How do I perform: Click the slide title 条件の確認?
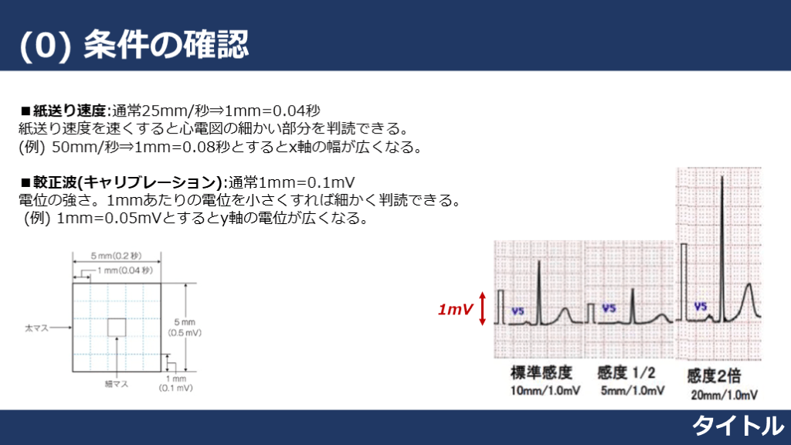point(166,44)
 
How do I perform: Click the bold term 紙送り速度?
point(70,110)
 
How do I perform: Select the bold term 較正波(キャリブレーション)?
point(127,182)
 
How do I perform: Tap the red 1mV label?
point(456,309)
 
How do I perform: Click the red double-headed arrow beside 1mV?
point(482,308)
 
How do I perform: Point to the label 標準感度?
point(541,373)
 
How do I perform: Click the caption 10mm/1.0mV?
point(545,391)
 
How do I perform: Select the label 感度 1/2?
point(626,373)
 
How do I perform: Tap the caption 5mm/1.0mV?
point(633,391)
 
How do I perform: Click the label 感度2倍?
point(714,376)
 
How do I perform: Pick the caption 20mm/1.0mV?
point(725,395)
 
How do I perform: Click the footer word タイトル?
point(738,426)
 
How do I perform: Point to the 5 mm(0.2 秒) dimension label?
point(116,256)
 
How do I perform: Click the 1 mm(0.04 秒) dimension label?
point(125,270)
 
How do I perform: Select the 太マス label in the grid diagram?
point(37,328)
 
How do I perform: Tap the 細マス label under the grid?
point(117,384)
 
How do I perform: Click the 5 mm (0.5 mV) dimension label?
point(185,328)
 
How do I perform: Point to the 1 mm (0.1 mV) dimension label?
point(175,383)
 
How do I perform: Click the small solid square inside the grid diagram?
point(117,328)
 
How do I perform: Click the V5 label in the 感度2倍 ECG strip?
point(701,306)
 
